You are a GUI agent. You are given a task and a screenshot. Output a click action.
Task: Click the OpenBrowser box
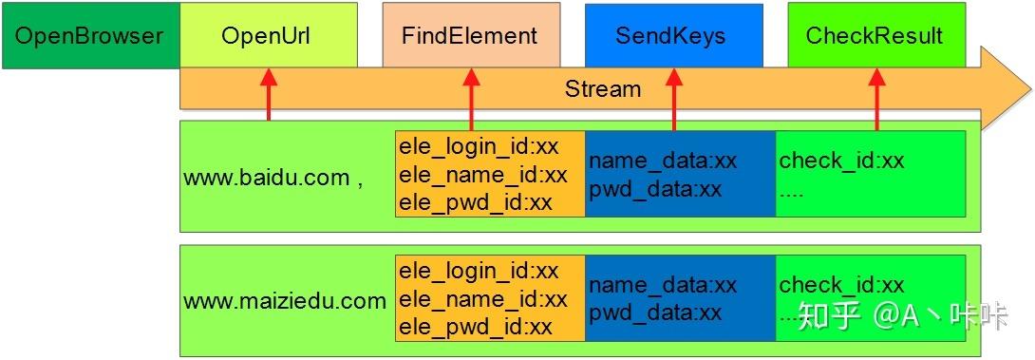tap(90, 36)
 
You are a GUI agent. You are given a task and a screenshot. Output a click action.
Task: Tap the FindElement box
tap(469, 36)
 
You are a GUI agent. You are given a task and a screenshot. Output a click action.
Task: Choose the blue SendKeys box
tap(673, 36)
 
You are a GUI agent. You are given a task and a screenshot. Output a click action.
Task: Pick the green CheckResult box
tap(875, 36)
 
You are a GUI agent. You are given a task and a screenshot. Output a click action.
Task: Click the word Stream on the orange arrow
tap(603, 89)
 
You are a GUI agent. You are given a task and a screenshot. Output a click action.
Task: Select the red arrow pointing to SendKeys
tap(674, 100)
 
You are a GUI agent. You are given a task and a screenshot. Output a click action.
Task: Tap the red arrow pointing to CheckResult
tap(876, 100)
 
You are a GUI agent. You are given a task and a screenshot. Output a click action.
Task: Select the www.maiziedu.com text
tap(285, 301)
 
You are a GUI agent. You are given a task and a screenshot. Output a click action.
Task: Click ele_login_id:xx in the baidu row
tap(479, 147)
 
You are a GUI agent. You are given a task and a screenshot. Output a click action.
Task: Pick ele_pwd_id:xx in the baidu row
tap(476, 202)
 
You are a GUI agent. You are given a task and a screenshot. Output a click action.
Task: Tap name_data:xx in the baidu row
tap(663, 161)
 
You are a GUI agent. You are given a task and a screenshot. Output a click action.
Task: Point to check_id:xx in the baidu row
tap(841, 161)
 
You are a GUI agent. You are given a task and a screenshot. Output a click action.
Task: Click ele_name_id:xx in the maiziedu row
tap(483, 299)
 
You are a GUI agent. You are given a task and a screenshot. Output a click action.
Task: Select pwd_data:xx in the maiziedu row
tap(655, 313)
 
